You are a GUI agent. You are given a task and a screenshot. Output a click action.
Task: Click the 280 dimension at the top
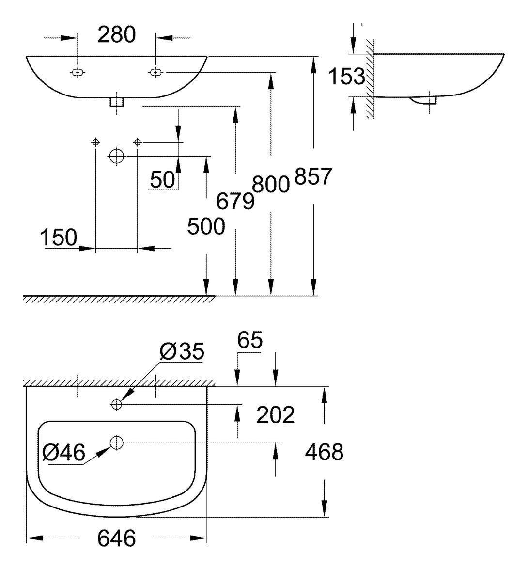pyautogui.click(x=116, y=35)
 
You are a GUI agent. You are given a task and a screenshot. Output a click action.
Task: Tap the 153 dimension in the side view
pyautogui.click(x=346, y=76)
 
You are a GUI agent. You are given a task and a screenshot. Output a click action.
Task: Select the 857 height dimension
pyautogui.click(x=313, y=177)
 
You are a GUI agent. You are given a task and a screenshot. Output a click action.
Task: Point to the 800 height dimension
pyautogui.click(x=271, y=185)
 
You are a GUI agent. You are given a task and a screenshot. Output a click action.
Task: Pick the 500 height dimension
pyautogui.click(x=206, y=227)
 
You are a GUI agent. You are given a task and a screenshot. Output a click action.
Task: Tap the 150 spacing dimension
pyautogui.click(x=59, y=238)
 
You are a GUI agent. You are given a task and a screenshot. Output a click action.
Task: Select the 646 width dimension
pyautogui.click(x=116, y=538)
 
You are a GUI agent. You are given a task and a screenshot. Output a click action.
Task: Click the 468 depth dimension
pyautogui.click(x=324, y=452)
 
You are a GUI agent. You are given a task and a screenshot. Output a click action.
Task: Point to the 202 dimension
pyautogui.click(x=275, y=415)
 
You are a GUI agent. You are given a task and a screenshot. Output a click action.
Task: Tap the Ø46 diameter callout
pyautogui.click(x=63, y=453)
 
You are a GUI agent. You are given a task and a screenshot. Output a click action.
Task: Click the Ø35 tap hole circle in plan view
pyautogui.click(x=116, y=404)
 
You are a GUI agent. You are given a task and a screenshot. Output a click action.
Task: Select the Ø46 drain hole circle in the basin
pyautogui.click(x=117, y=443)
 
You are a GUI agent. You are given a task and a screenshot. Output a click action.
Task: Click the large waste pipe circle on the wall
pyautogui.click(x=116, y=156)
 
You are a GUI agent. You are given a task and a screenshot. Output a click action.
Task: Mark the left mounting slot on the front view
pyautogui.click(x=77, y=73)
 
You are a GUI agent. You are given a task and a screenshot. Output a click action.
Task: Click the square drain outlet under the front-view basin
pyautogui.click(x=117, y=102)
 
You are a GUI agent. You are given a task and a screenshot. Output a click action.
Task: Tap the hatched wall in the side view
pyautogui.click(x=370, y=78)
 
